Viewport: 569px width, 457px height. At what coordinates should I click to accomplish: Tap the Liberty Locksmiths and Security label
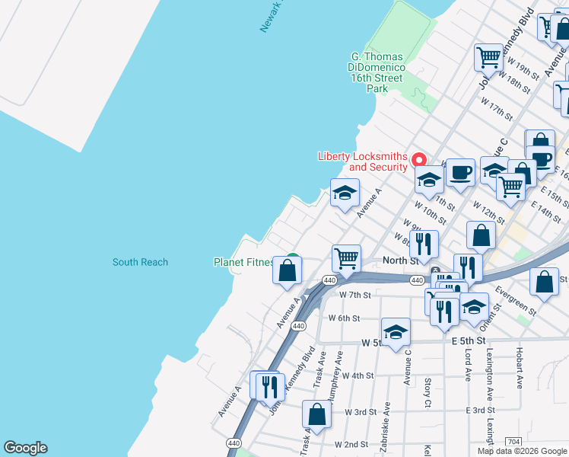point(362,161)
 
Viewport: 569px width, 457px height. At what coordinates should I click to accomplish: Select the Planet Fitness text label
point(243,263)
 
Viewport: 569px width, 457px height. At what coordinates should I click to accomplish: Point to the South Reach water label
point(140,262)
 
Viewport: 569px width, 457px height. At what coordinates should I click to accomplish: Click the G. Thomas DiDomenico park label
point(377,72)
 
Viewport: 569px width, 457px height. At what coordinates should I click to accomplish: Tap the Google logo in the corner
point(25,448)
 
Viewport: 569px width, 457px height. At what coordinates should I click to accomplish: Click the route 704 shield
point(513,441)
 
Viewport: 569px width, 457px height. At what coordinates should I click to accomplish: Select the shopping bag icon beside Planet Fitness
point(287,270)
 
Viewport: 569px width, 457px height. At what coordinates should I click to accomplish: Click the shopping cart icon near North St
point(346,258)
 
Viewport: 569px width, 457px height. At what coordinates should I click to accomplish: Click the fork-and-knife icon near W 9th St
point(424,244)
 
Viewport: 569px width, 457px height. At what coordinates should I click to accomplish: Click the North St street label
point(401,260)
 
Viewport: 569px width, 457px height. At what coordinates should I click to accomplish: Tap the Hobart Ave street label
point(519,369)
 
